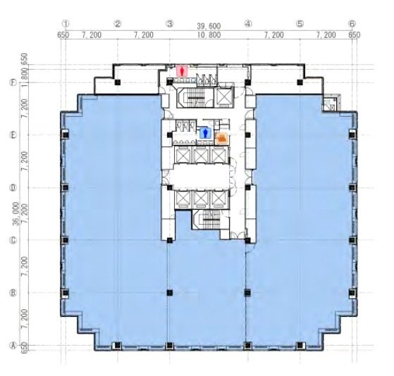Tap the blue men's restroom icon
tap(206, 132)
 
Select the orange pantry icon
tap(223, 138)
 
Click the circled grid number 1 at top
tap(65, 23)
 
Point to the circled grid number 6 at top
tap(352, 23)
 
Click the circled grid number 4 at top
tap(247, 23)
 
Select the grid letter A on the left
tap(12, 346)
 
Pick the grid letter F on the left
tap(12, 82)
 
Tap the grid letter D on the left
tap(12, 187)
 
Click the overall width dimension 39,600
tap(208, 25)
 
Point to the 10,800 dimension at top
tap(209, 34)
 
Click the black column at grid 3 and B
tap(169, 292)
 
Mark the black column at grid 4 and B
tap(247, 292)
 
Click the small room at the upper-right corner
tap(329, 105)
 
